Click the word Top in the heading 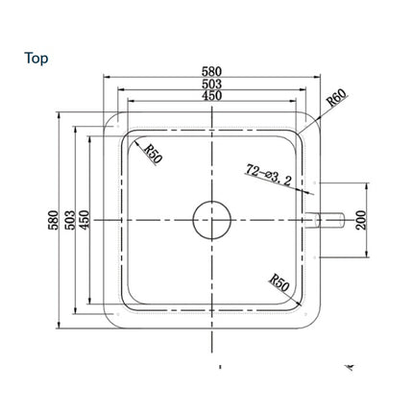point(36,59)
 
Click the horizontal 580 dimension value point(211,71)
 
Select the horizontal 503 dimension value point(211,84)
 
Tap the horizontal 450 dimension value point(211,95)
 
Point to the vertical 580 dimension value point(54,220)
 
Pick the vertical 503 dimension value point(70,220)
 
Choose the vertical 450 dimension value point(85,220)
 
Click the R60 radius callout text point(336,98)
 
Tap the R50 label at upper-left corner point(154,154)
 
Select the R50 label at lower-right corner point(279,282)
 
